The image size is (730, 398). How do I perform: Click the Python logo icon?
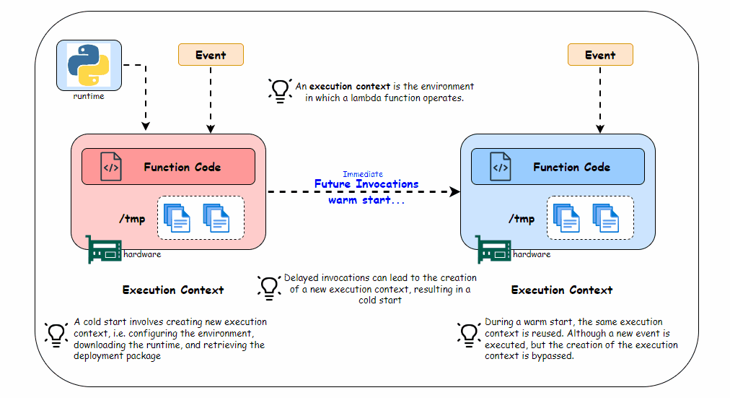[x=89, y=65]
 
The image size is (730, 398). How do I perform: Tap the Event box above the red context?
[x=211, y=55]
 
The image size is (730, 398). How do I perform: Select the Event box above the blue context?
[x=600, y=55]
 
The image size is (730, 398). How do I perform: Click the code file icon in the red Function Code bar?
[x=110, y=167]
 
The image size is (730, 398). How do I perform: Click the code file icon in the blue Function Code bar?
[x=500, y=167]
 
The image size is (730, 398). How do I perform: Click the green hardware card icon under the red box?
[x=103, y=249]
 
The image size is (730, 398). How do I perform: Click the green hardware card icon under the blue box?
[x=493, y=249]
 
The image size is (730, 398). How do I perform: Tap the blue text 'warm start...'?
[x=366, y=199]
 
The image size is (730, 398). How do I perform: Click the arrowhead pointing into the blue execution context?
[x=454, y=192]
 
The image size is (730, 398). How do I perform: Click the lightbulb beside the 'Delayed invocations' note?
[x=269, y=288]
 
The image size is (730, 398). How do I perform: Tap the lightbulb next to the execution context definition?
[x=279, y=91]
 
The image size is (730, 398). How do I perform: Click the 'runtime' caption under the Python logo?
[x=89, y=96]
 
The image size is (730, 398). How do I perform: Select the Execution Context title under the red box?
[x=173, y=290]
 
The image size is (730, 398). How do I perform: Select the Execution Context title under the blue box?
[x=562, y=290]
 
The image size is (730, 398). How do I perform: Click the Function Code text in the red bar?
[x=182, y=168]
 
